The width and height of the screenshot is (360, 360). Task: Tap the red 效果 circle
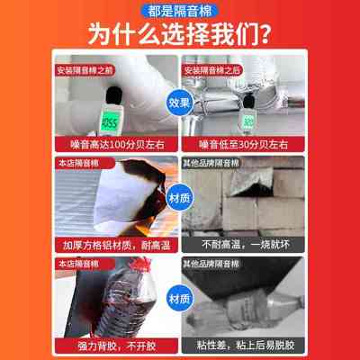coord(180,103)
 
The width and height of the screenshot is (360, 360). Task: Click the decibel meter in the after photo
coord(247,112)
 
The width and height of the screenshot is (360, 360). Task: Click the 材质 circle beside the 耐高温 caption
coord(180,194)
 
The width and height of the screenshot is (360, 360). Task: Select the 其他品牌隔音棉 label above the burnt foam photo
coord(212,163)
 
